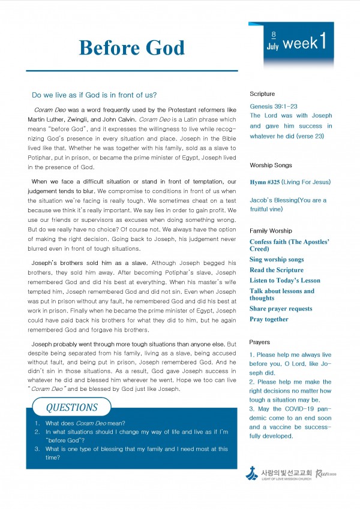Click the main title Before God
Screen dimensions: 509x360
point(131,47)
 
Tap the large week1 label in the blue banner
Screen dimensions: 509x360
point(305,43)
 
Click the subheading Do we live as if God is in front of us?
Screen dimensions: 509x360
point(94,95)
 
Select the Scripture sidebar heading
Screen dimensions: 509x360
point(262,94)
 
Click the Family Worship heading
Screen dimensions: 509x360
point(271,230)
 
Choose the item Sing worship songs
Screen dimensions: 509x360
point(277,260)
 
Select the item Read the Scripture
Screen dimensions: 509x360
point(277,270)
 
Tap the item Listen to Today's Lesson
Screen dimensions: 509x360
point(285,280)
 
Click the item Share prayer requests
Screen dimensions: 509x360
point(281,309)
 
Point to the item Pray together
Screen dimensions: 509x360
point(269,319)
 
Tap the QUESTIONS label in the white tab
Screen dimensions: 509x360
point(72,408)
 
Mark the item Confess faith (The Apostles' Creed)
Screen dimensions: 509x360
point(289,245)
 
